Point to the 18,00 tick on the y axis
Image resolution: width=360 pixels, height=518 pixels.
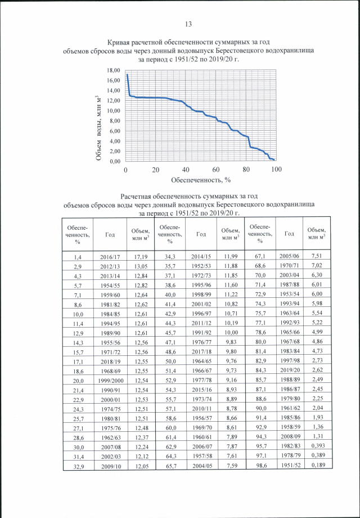(113, 70)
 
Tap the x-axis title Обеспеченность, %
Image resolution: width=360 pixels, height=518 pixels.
(201, 180)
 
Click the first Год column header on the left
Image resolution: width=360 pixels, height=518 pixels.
(110, 234)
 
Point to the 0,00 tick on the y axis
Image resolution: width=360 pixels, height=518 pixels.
(114, 161)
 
